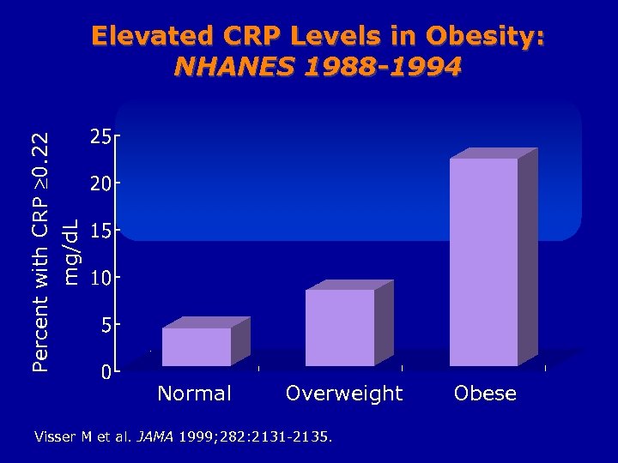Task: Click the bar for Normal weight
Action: click(x=197, y=346)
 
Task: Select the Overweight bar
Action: click(x=340, y=328)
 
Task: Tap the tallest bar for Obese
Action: click(x=484, y=262)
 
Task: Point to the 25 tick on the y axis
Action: click(x=100, y=136)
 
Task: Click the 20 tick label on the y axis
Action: click(x=100, y=183)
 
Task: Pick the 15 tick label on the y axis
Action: click(x=100, y=231)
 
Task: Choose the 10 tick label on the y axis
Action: click(x=100, y=278)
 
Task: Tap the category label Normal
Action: click(x=195, y=394)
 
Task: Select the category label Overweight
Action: click(x=343, y=394)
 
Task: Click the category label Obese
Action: click(x=485, y=394)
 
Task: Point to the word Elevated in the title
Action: click(x=151, y=36)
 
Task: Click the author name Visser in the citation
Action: click(x=54, y=436)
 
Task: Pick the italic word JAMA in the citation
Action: click(x=155, y=436)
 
